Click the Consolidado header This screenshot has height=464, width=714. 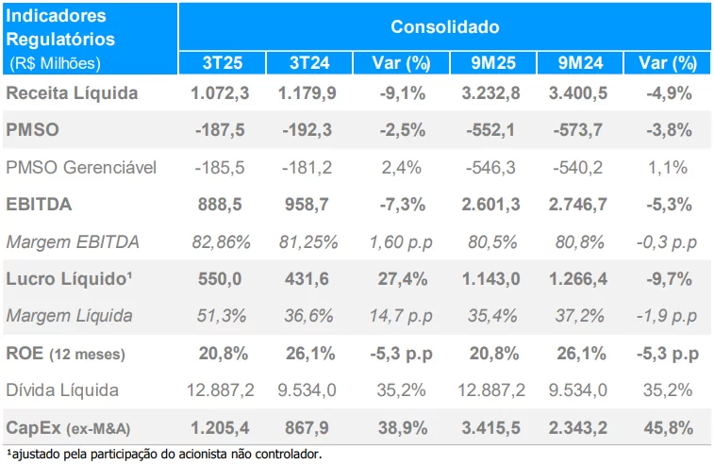tap(445, 26)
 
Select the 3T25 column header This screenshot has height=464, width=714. tap(222, 63)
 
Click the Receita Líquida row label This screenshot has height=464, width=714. tap(72, 93)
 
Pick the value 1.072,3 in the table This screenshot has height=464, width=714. tap(220, 93)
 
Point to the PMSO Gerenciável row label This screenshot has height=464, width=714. tap(81, 167)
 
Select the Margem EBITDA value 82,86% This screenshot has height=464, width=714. tap(220, 241)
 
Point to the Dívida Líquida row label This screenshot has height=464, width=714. tap(62, 389)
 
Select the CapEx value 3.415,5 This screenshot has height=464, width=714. tap(490, 427)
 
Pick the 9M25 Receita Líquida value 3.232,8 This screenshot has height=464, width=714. tap(490, 93)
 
